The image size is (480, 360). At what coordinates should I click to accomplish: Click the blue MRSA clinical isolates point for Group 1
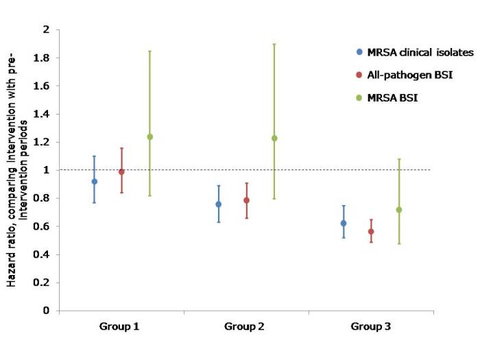coord(95,182)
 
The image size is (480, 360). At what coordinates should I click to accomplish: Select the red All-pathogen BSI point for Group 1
coord(121,172)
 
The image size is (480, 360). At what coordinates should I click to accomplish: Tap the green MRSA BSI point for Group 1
coord(149,136)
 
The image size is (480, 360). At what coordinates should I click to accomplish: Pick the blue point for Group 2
coord(219,204)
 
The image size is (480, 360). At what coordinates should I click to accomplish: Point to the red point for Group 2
coord(246,200)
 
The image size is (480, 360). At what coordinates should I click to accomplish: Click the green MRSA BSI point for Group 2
coord(274,138)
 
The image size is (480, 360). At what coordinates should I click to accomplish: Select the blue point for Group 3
coord(344,224)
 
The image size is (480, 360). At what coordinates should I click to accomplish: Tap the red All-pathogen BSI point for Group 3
coord(371,232)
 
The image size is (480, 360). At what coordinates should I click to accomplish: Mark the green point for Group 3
coord(399,210)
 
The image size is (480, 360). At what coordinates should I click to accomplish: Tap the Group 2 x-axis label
coord(245,326)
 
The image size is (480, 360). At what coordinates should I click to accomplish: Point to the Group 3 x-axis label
coord(370,326)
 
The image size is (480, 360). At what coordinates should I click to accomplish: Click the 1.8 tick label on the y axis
coord(43,58)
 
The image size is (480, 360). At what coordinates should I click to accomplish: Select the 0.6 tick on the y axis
coord(43,227)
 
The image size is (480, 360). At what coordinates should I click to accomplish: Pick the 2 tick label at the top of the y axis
coord(47,30)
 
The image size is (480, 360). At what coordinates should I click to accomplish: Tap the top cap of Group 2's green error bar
coord(274,44)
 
